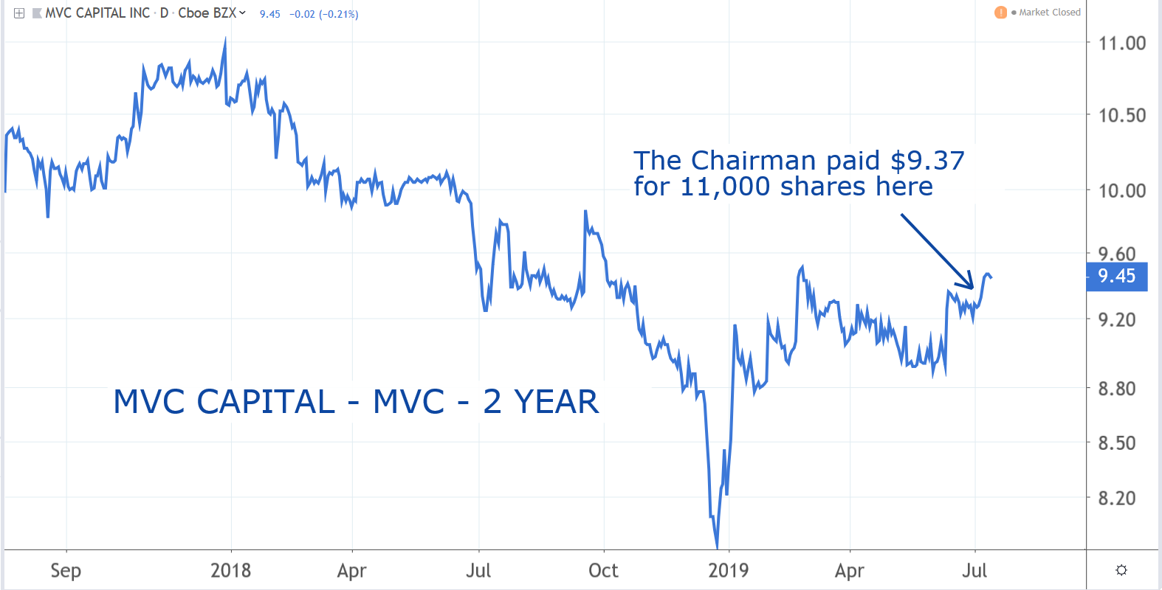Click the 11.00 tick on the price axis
point(1121,43)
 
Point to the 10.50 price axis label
point(1121,115)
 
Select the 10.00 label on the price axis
point(1121,190)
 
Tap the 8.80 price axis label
point(1116,389)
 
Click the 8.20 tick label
point(1116,499)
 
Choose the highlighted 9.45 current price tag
point(1116,276)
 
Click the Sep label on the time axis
point(66,571)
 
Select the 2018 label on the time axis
point(230,571)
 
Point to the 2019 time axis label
point(728,571)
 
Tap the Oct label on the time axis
point(603,571)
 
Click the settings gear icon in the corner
point(1121,570)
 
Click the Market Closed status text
point(1050,13)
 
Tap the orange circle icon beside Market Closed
point(1001,13)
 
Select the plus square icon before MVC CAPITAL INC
point(19,13)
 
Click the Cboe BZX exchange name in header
point(207,13)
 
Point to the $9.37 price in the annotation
point(927,161)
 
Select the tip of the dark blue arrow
point(973,288)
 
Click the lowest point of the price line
point(717,548)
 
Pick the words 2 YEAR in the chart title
point(540,402)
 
